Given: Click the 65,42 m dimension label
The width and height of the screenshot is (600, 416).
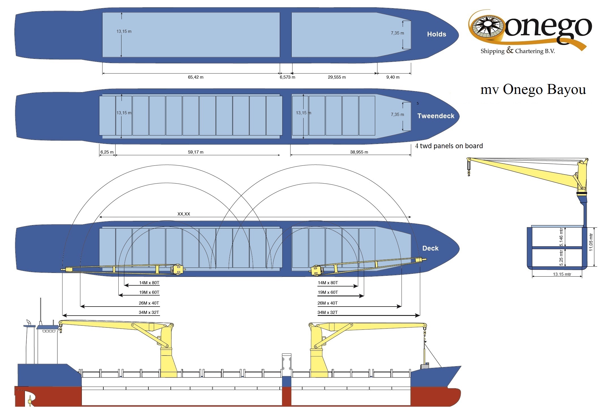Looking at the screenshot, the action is (x=196, y=77).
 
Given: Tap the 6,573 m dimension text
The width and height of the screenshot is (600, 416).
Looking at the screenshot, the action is (x=287, y=77).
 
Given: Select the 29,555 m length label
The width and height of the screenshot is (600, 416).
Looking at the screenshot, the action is (x=337, y=77).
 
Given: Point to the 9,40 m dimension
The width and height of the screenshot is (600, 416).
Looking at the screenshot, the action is (x=393, y=77).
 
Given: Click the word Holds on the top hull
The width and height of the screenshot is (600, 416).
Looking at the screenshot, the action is (x=436, y=34).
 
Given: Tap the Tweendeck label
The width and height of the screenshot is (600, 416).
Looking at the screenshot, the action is (x=436, y=116).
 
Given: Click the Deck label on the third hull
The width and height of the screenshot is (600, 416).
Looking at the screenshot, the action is (x=430, y=248).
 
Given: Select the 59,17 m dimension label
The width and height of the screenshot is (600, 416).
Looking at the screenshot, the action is (x=196, y=152).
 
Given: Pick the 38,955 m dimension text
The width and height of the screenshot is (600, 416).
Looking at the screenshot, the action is (x=359, y=152).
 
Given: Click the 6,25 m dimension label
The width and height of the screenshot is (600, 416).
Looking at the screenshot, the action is (x=107, y=152).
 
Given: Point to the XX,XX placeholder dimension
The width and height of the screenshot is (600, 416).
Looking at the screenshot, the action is (x=184, y=214).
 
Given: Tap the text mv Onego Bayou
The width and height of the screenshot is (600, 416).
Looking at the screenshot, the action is (x=533, y=89).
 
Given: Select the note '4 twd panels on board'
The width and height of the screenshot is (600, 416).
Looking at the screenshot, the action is (x=449, y=146).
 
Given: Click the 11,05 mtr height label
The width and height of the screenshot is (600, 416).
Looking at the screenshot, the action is (x=591, y=242).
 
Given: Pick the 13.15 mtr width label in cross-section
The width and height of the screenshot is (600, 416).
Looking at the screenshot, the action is (x=562, y=274).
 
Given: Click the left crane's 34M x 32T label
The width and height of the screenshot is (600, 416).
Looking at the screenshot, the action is (x=149, y=312).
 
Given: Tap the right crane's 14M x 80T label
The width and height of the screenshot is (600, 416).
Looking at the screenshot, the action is (x=328, y=283).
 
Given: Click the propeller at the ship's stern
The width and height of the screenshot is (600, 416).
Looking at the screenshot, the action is (x=29, y=401).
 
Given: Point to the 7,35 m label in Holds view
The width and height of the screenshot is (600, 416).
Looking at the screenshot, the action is (x=397, y=33).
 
